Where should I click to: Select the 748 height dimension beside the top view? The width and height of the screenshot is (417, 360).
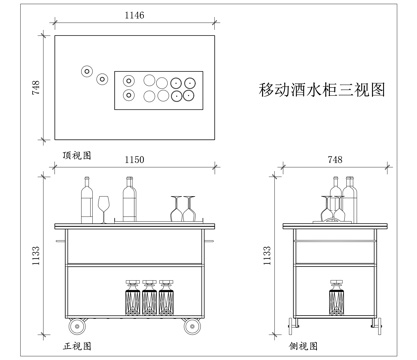click(35, 88)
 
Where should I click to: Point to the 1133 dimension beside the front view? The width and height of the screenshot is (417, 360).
click(35, 262)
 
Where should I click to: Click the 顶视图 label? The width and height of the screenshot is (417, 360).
click(77, 155)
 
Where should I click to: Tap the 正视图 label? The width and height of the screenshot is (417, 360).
click(77, 345)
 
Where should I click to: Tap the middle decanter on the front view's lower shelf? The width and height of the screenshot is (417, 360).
click(149, 298)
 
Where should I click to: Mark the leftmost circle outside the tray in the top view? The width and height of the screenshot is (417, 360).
click(87, 72)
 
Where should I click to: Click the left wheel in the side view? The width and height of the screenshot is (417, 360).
click(293, 323)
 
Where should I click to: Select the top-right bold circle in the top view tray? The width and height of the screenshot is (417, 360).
click(188, 83)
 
